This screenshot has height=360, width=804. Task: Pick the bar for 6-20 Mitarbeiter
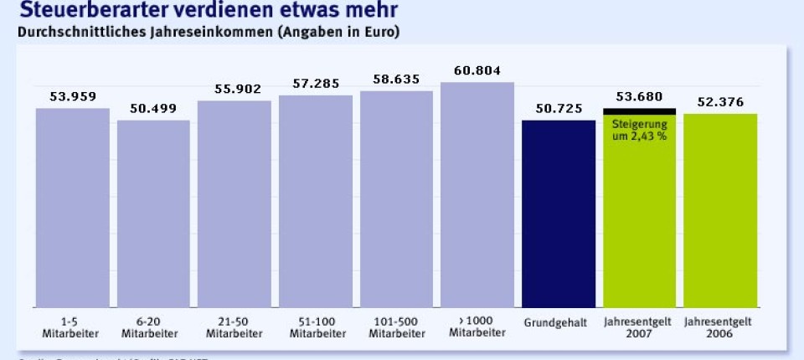click(153, 213)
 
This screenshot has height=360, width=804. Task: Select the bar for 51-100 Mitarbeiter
click(316, 201)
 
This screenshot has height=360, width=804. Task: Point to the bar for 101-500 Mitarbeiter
click(396, 198)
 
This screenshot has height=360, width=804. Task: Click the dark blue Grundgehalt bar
click(559, 213)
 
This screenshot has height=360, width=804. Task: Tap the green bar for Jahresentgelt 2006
click(720, 210)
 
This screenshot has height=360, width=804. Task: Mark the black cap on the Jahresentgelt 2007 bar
click(639, 111)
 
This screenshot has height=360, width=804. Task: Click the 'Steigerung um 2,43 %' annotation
click(639, 130)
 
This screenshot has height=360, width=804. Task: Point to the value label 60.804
click(477, 70)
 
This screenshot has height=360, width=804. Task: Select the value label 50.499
click(153, 108)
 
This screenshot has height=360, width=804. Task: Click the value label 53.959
click(72, 96)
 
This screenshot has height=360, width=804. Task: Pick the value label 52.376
click(720, 102)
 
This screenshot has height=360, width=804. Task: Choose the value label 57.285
click(316, 84)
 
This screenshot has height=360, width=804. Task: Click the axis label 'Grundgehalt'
click(559, 321)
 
